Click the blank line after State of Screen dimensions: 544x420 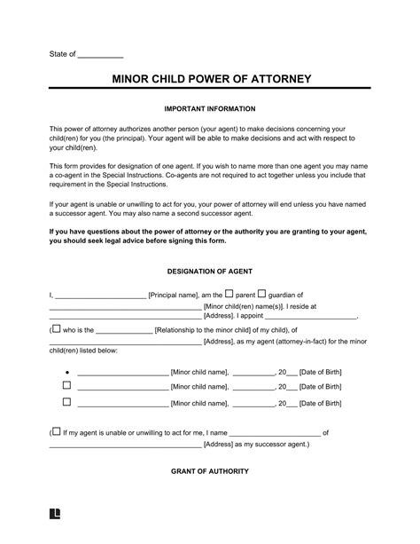tap(100, 55)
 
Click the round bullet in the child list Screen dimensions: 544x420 tap(66, 373)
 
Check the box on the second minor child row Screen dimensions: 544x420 tap(66, 387)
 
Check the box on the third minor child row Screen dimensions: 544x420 tap(66, 402)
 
